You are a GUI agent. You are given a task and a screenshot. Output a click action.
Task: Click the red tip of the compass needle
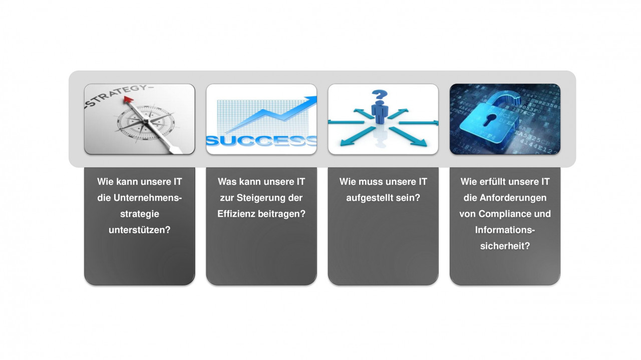(x=128, y=99)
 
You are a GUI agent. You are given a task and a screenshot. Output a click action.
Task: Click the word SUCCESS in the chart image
(x=261, y=141)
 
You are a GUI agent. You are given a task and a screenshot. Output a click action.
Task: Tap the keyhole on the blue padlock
(x=490, y=120)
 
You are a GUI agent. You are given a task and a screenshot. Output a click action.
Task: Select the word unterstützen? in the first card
(x=139, y=230)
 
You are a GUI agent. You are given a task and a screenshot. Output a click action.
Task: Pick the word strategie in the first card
(x=139, y=214)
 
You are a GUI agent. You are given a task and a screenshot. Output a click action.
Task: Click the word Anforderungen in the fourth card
(x=513, y=198)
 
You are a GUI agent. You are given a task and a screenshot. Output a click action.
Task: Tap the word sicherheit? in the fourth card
(x=505, y=246)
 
